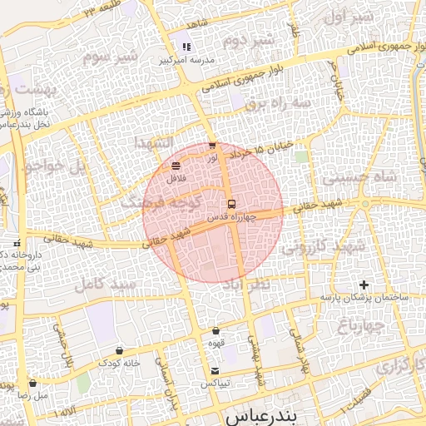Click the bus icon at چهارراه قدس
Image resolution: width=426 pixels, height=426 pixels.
231,203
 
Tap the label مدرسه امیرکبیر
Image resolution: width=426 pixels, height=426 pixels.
187,61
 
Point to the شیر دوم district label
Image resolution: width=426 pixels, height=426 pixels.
253,39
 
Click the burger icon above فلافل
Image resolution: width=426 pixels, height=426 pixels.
175,166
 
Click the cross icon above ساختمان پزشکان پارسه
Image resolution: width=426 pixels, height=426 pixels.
363,285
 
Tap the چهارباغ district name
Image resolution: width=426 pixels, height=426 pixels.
381,324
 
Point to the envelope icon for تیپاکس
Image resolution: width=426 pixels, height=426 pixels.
215,370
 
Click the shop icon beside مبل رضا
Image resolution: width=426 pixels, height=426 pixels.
32,384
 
